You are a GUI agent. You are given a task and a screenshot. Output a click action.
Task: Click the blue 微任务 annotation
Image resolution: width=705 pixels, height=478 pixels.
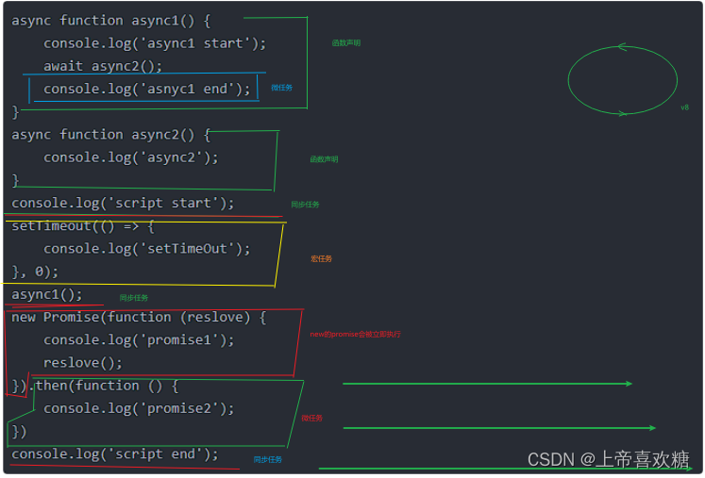tap(281, 88)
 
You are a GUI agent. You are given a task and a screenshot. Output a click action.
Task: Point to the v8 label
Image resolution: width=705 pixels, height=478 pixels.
tap(684, 107)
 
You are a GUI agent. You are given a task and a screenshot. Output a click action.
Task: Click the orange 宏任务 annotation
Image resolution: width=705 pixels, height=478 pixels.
tap(321, 258)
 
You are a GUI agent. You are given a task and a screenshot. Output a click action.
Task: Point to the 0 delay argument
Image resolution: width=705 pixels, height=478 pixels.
tap(40, 272)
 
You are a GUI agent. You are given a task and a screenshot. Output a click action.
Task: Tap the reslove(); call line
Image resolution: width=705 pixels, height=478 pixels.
tap(83, 362)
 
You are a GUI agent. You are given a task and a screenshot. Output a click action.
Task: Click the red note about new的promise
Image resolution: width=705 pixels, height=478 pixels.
tap(355, 334)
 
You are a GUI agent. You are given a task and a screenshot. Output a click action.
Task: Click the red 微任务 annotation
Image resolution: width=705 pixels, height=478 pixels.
tap(311, 418)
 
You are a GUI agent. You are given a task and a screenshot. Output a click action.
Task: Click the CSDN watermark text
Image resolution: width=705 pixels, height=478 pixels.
tap(609, 459)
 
